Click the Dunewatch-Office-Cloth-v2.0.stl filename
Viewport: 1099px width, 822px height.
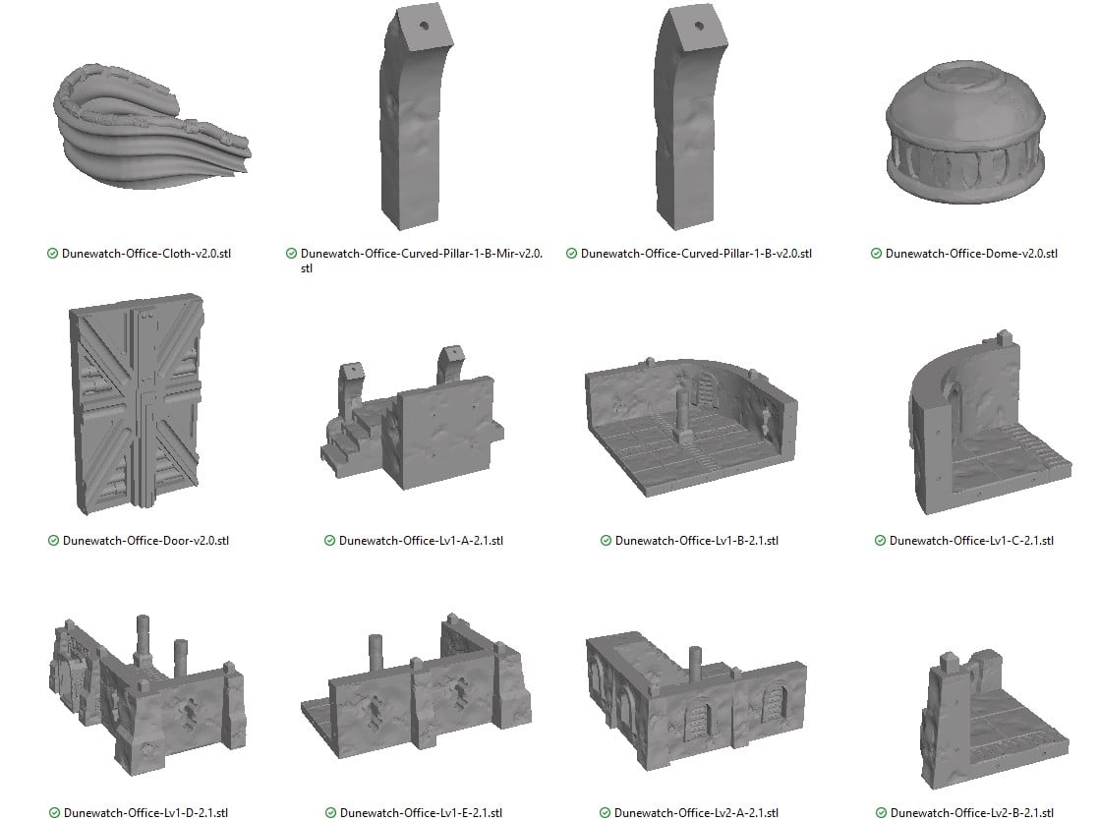(145, 254)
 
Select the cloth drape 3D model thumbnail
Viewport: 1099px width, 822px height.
(151, 126)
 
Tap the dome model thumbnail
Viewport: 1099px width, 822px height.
(966, 132)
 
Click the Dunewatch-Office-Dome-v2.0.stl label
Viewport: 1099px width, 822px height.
(971, 254)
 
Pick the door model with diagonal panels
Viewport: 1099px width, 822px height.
(136, 404)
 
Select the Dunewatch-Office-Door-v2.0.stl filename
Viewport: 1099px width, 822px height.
(145, 540)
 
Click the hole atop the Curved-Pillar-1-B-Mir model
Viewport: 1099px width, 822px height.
(424, 26)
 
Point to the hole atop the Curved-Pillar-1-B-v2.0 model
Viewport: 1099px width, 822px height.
(699, 27)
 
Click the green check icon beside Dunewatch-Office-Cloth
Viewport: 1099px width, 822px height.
(52, 254)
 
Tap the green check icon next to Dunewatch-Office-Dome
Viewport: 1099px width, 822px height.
(876, 254)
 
